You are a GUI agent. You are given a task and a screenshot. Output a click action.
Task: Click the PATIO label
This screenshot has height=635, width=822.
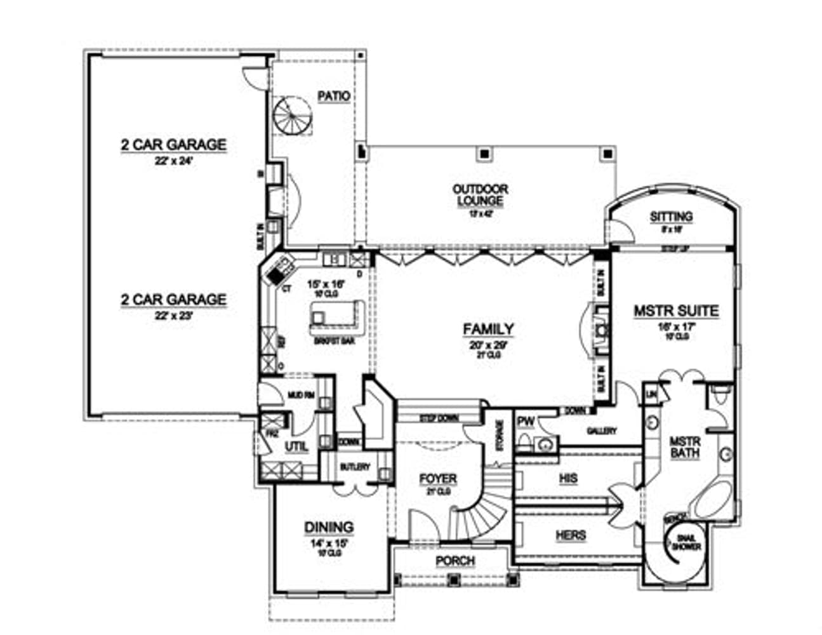tap(334, 97)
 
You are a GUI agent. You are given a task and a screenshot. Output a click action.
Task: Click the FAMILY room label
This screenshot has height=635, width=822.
tap(488, 329)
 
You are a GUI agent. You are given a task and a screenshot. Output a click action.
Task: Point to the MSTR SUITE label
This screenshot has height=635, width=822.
tap(676, 311)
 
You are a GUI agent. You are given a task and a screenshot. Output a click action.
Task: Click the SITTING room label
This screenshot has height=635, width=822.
tap(671, 217)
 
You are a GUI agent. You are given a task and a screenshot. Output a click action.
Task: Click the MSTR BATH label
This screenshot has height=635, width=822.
tap(685, 447)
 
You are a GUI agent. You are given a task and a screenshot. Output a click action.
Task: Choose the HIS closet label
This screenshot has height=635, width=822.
tap(568, 478)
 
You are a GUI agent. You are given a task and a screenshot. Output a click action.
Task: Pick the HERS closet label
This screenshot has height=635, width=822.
tap(571, 535)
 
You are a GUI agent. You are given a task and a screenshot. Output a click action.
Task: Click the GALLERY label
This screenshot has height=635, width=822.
tap(600, 431)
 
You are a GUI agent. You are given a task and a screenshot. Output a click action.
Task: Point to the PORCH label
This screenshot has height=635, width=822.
tap(455, 561)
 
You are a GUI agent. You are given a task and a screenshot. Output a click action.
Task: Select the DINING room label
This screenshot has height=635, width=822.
tap(328, 527)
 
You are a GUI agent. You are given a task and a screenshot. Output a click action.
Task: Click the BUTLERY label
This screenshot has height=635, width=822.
tap(355, 467)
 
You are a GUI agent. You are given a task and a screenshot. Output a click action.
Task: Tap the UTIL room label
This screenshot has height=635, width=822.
tap(296, 446)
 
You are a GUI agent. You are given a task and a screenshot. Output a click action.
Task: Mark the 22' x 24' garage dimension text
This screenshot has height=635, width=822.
tap(173, 161)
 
